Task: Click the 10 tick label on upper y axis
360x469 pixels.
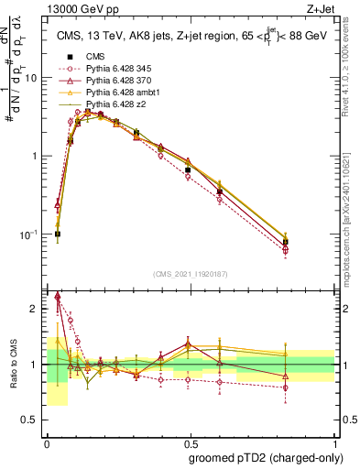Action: click(x=33, y=78)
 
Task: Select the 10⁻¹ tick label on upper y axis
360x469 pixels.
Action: click(x=31, y=234)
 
